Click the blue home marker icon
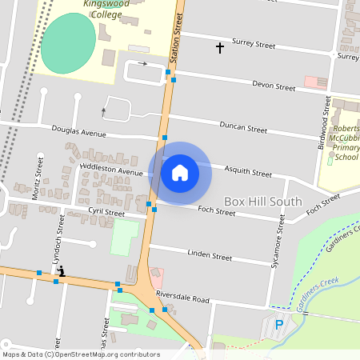pyautogui.click(x=180, y=172)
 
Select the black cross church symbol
pyautogui.click(x=220, y=48)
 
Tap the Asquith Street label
pyautogui.click(x=249, y=172)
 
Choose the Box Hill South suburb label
pyautogui.click(x=262, y=202)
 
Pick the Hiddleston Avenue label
pyautogui.click(x=112, y=170)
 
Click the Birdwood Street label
pyautogui.click(x=326, y=120)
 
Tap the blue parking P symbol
pyautogui.click(x=279, y=325)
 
